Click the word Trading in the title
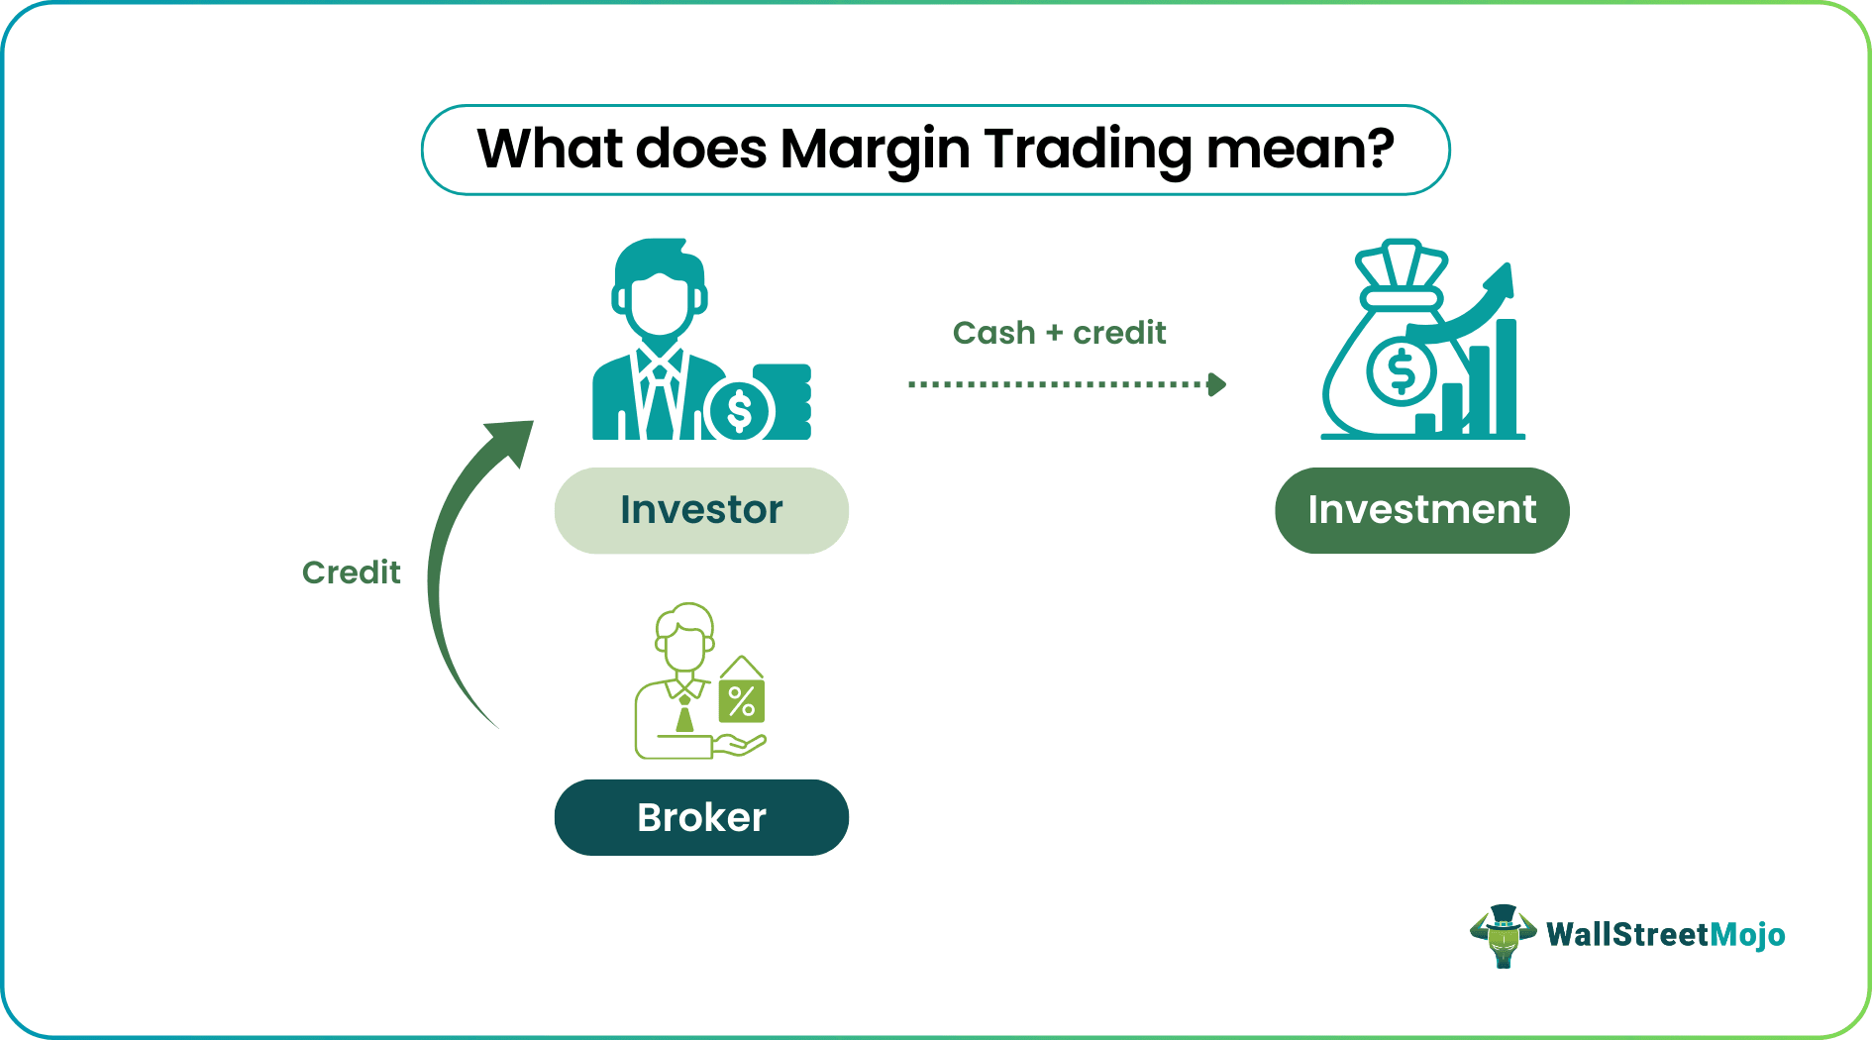(x=1088, y=151)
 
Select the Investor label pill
(x=701, y=510)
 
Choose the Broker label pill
(x=701, y=817)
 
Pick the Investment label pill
(x=1421, y=510)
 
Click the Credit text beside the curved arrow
(x=351, y=572)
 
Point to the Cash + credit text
(x=1059, y=333)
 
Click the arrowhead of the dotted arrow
(x=1217, y=384)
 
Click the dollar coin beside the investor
(x=740, y=410)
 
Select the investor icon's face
(x=659, y=302)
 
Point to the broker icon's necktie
(x=684, y=715)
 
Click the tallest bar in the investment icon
(x=1506, y=376)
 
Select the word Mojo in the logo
(x=1747, y=935)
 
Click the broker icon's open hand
(x=740, y=744)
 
